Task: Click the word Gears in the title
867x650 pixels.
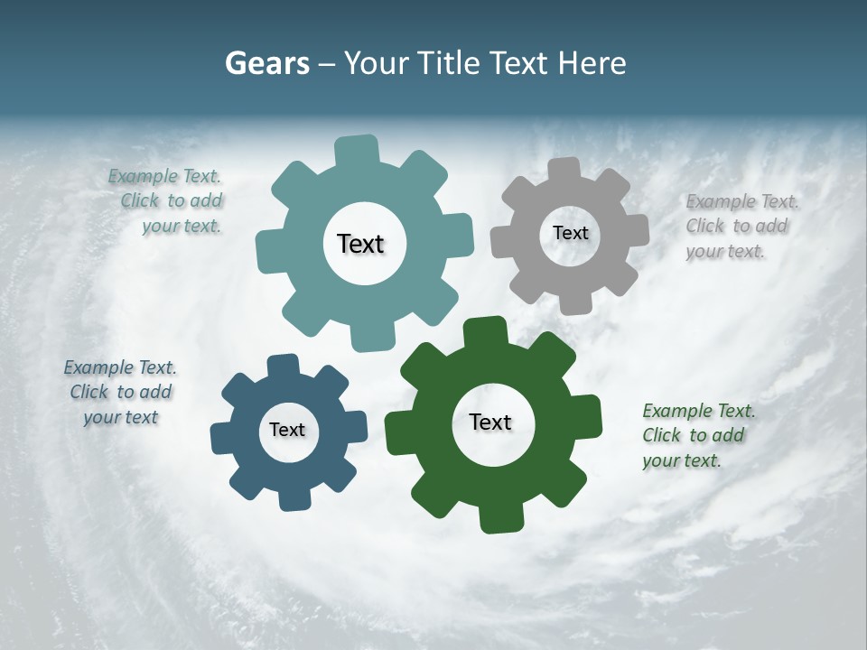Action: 266,63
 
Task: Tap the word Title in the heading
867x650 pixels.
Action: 451,63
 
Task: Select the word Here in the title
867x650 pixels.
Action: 592,63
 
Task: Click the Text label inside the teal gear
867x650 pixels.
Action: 360,244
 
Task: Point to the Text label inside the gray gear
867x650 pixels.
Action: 570,233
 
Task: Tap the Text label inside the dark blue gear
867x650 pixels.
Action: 286,430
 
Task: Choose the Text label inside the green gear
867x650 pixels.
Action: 489,422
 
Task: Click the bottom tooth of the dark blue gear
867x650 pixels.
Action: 291,499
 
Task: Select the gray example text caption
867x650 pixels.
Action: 741,226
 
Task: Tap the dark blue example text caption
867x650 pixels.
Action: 120,392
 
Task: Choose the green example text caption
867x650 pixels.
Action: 697,435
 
